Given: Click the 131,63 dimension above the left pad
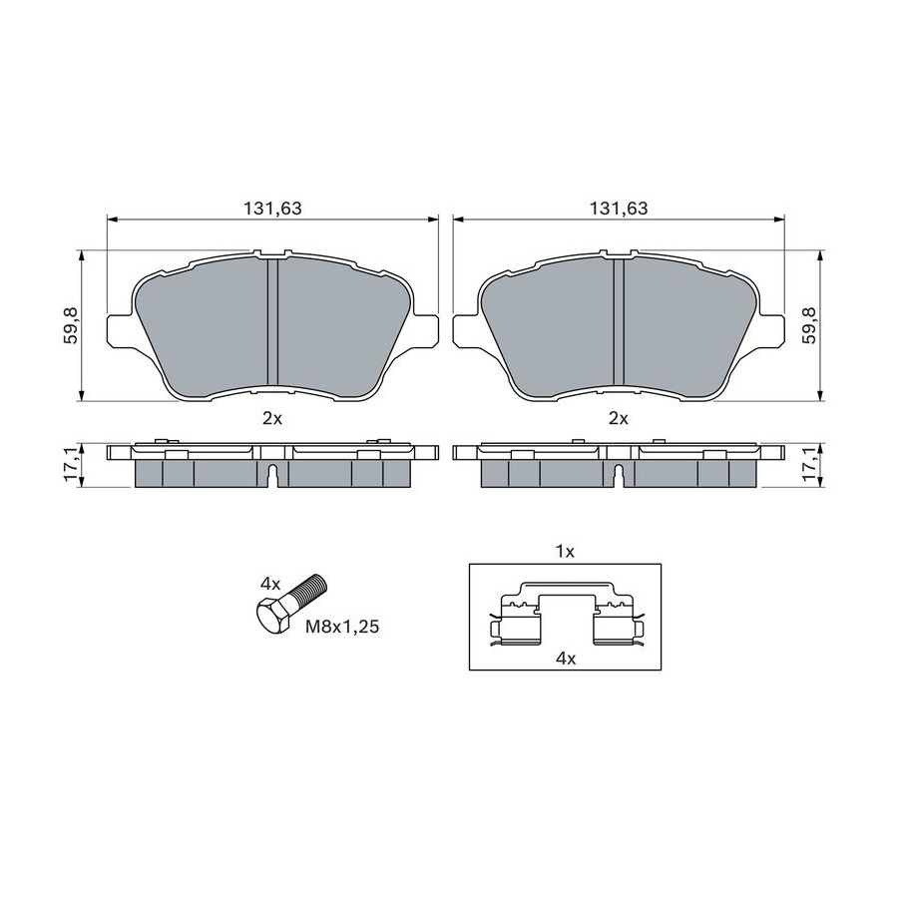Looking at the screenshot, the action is pos(272,209).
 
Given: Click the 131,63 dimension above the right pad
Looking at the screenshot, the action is pos(619,209).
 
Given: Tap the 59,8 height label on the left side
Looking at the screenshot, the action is pos(71,324).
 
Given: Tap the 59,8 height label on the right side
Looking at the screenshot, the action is pos(809,324).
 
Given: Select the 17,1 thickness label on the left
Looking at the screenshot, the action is pos(71,464).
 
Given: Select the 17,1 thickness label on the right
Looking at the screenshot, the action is pos(809,464).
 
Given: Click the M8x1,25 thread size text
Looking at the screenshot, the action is pos(342,628).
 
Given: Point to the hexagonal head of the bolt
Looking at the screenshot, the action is pos(273,616).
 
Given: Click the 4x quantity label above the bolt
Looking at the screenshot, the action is pos(269,584).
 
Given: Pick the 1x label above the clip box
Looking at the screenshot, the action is pos(566,552).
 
